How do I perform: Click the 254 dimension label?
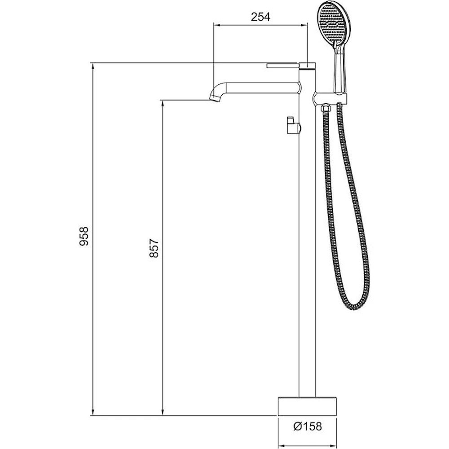coord(260,17)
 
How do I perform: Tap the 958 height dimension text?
coord(84,236)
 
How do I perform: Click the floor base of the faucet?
coord(307,406)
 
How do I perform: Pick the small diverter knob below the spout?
coord(293,125)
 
